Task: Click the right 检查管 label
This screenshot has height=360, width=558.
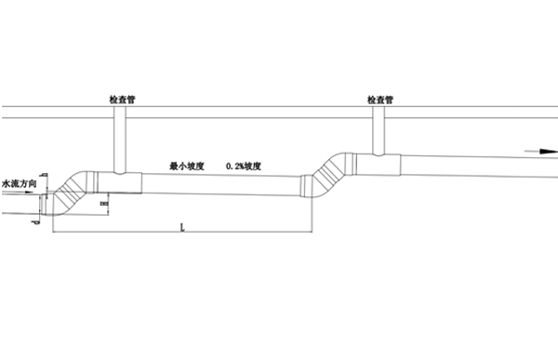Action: click(x=383, y=98)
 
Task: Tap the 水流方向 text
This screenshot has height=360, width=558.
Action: click(x=20, y=184)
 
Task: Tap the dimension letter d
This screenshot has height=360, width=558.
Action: click(x=34, y=221)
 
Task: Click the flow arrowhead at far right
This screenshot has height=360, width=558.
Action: click(x=550, y=149)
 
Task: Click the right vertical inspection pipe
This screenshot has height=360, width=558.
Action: click(x=381, y=130)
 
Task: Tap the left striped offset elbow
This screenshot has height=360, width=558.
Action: click(x=67, y=190)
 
